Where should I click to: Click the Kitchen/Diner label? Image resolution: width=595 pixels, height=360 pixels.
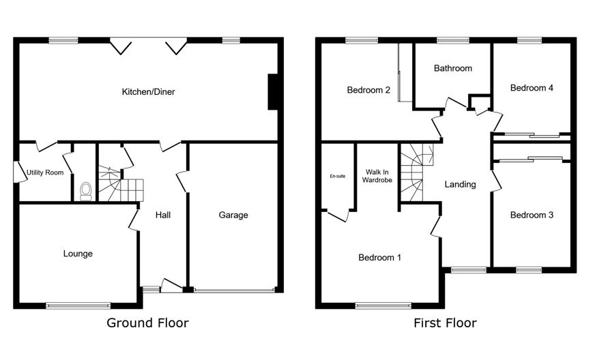[x=148, y=92]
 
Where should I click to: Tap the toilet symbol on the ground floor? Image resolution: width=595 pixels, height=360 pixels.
[x=86, y=191]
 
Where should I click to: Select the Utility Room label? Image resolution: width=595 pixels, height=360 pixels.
[x=45, y=172]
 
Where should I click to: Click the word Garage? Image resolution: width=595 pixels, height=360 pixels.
[x=233, y=215]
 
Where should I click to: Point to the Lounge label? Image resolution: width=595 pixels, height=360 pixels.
[x=78, y=254]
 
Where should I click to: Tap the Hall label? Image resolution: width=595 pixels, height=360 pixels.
[x=163, y=215]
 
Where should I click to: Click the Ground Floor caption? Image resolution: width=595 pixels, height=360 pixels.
[x=147, y=322]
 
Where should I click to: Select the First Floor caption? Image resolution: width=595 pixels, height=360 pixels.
[x=445, y=322]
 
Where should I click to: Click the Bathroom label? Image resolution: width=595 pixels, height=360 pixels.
[x=453, y=68]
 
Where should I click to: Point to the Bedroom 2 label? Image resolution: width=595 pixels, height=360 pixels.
[x=368, y=90]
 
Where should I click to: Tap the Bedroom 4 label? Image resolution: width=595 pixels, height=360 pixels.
[x=532, y=88]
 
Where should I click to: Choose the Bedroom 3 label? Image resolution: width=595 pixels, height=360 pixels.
[x=532, y=215]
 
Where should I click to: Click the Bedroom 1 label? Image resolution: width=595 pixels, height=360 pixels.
[x=380, y=258]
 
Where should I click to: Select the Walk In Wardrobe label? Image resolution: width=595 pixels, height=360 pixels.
[x=377, y=176]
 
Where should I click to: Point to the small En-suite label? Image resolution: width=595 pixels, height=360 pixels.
[x=338, y=176]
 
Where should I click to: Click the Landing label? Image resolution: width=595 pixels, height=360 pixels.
[x=461, y=184]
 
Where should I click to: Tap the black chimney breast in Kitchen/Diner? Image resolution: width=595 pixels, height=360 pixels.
[x=273, y=92]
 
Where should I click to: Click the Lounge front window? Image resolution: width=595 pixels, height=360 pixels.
[x=78, y=305]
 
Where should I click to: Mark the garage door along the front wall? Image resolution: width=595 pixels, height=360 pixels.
[x=234, y=290]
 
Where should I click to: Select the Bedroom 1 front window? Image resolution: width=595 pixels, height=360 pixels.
[x=383, y=305]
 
